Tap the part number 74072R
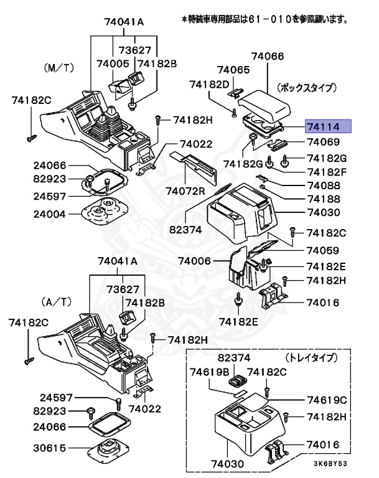click(x=185, y=190)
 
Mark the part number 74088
click(x=324, y=185)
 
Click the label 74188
click(x=324, y=199)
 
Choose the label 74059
click(x=322, y=251)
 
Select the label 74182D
click(x=210, y=83)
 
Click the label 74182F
click(x=324, y=171)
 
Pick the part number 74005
click(x=113, y=64)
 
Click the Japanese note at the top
click(x=264, y=20)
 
